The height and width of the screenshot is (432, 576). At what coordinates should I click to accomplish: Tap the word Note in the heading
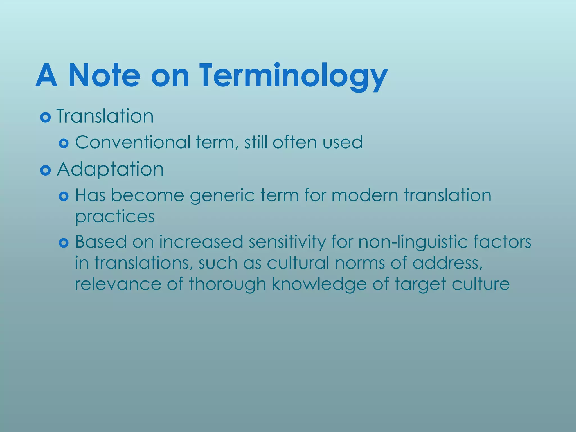(104, 76)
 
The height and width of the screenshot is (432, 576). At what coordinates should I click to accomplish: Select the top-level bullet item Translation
(105, 116)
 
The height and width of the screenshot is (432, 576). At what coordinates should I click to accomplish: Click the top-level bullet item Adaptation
(110, 170)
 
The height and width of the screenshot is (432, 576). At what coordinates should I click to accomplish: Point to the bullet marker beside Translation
(45, 117)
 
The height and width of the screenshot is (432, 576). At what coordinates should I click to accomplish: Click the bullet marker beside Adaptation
(45, 170)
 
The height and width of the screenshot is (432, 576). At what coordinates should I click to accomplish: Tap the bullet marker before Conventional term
(64, 144)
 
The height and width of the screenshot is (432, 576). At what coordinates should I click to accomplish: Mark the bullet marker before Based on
(64, 243)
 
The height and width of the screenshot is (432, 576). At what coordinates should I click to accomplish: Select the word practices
(115, 217)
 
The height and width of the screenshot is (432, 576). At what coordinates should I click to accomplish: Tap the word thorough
(227, 284)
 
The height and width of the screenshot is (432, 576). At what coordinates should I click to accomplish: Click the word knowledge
(319, 284)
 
